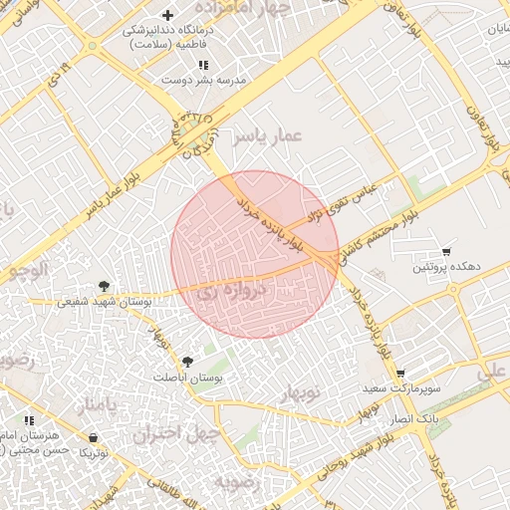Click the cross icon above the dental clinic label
click(x=168, y=15)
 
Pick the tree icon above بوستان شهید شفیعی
click(x=104, y=286)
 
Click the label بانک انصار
click(x=412, y=420)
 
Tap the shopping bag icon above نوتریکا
click(x=93, y=436)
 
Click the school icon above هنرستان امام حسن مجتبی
click(x=31, y=421)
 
